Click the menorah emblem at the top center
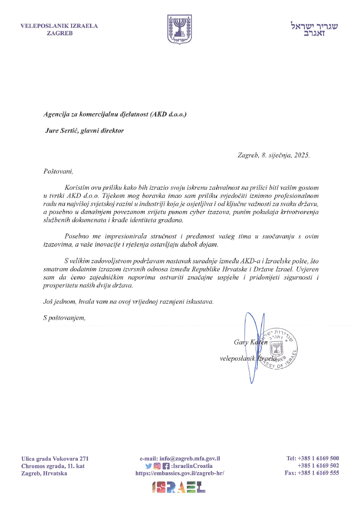[180, 29]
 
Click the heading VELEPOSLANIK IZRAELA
[59, 26]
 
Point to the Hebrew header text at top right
[314, 29]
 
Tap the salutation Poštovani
[57, 170]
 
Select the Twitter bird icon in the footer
[148, 466]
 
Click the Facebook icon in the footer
[165, 466]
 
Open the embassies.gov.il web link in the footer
[180, 473]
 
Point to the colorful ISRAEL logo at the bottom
[179, 487]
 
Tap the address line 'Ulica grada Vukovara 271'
[55, 459]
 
